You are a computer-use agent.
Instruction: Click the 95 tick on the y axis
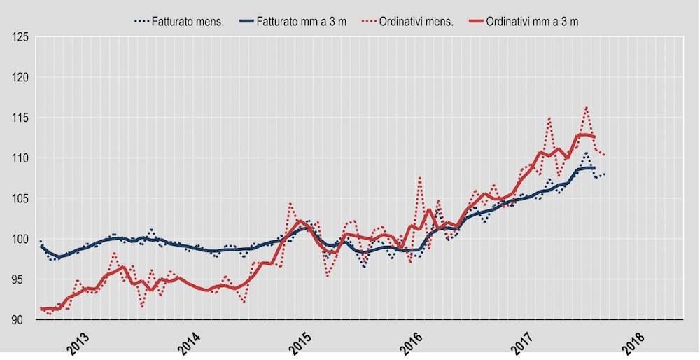pos(19,279)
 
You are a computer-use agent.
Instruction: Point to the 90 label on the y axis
pos(19,320)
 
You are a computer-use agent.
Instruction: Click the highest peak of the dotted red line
pos(586,107)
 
